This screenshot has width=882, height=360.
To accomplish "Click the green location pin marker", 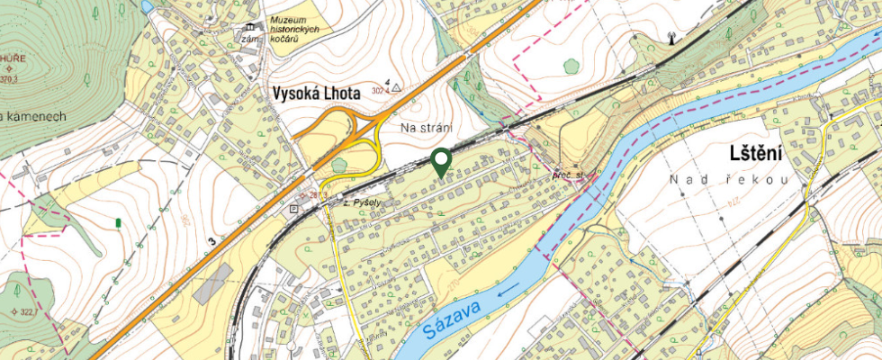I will click(x=440, y=161).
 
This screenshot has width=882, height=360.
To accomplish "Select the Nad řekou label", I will click(x=728, y=180).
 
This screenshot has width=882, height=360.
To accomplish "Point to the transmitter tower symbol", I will click(x=670, y=39).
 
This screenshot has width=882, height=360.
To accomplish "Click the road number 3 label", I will click(x=211, y=241).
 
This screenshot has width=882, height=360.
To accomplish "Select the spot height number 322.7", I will click(x=24, y=311).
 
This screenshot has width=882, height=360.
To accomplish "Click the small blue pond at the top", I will click(x=146, y=6).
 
